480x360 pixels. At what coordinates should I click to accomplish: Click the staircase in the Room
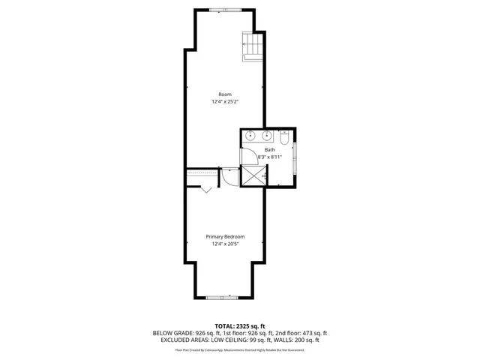click(253, 46)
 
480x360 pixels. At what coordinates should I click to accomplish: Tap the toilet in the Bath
click(284, 138)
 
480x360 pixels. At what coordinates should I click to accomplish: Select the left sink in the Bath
click(250, 136)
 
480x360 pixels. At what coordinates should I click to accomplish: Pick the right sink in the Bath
click(266, 136)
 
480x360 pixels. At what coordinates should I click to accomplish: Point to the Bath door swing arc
click(247, 155)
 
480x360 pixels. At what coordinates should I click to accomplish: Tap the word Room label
click(226, 94)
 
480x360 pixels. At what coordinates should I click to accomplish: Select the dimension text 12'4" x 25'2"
click(226, 102)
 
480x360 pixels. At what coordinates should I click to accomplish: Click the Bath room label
click(269, 150)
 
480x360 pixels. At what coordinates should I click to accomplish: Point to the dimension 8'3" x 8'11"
click(269, 157)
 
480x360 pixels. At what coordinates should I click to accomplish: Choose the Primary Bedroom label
click(225, 237)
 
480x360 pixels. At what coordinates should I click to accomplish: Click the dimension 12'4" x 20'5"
click(225, 244)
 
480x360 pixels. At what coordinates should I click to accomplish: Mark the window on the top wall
click(220, 9)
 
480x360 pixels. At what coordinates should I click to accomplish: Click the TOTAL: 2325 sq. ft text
click(240, 326)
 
